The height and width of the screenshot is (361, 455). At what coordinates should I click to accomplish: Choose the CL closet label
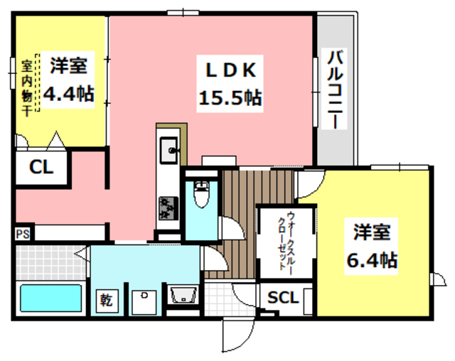tap(41, 168)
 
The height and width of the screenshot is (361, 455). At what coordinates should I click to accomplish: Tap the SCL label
tap(283, 296)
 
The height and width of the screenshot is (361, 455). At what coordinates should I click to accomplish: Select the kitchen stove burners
tap(169, 208)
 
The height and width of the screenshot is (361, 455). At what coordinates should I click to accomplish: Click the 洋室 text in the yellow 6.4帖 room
tap(371, 232)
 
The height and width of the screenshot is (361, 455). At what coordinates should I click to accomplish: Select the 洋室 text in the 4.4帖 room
tap(69, 66)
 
